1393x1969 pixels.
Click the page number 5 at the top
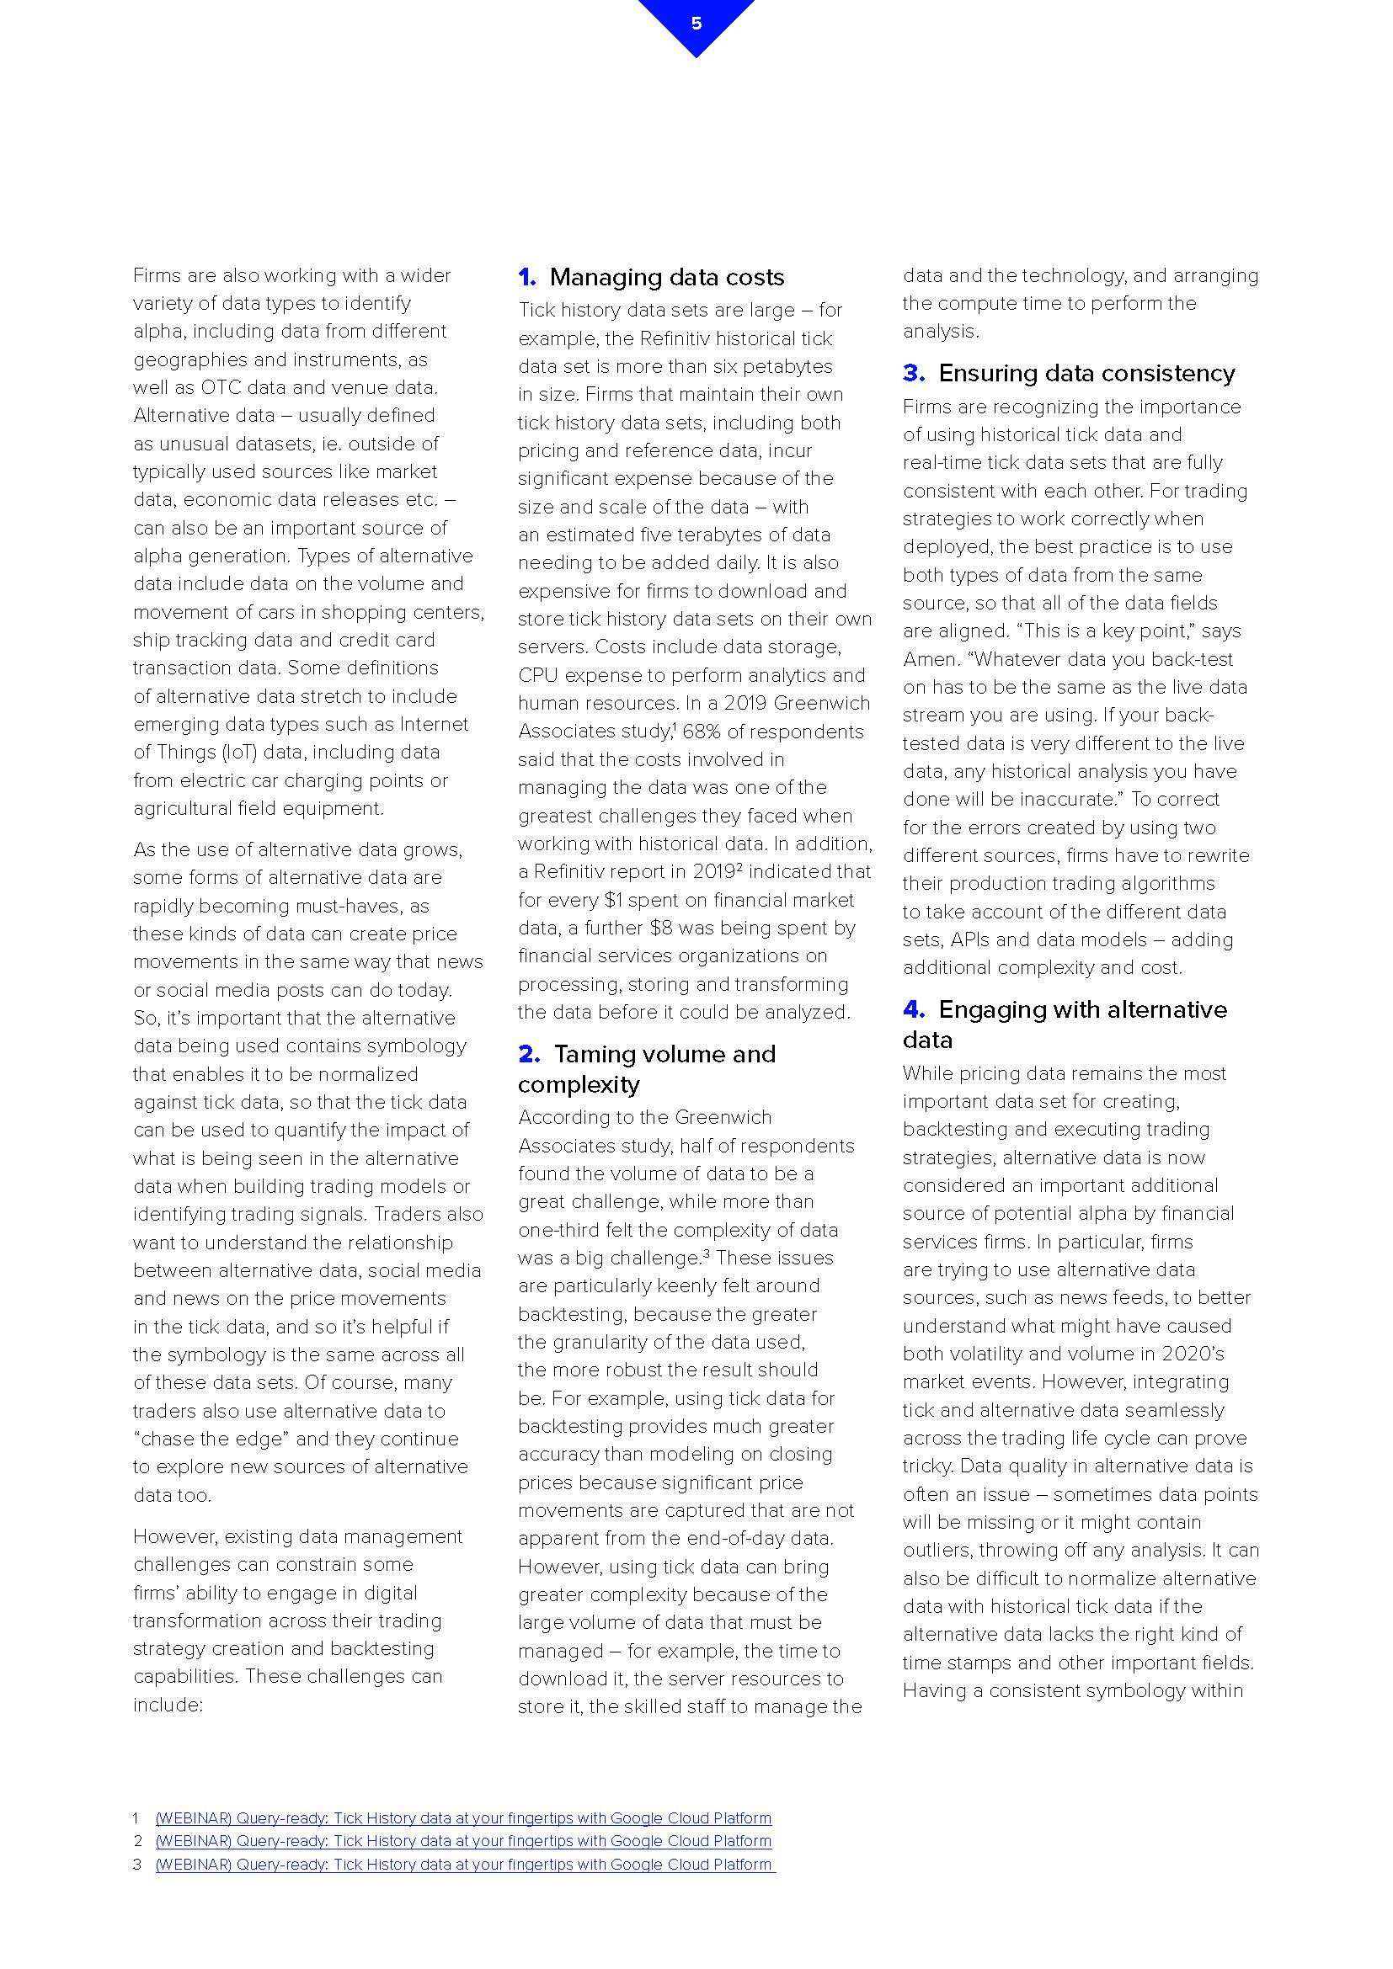pos(696,24)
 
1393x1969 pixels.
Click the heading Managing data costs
pos(666,277)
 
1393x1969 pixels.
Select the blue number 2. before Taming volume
pos(528,1054)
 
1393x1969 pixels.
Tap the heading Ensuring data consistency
pos(1086,373)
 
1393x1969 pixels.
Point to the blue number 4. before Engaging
pos(914,1009)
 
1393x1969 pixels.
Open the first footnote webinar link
pos(463,1818)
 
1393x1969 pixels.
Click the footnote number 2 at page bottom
pos(137,1841)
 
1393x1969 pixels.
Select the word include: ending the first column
pos(168,1705)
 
